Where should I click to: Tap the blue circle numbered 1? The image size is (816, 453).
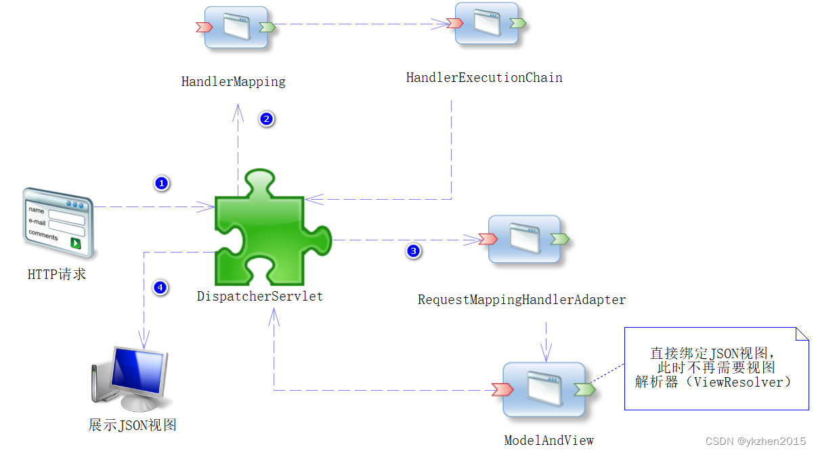pyautogui.click(x=161, y=184)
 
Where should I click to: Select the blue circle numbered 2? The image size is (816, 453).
pyautogui.click(x=266, y=119)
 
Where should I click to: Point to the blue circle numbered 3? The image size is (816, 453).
pyautogui.click(x=413, y=251)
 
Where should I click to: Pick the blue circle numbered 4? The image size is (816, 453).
pyautogui.click(x=160, y=288)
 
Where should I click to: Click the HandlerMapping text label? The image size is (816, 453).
pyautogui.click(x=233, y=82)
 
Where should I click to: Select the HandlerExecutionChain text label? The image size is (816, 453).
pyautogui.click(x=484, y=78)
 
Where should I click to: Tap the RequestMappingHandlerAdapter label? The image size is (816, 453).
pyautogui.click(x=521, y=299)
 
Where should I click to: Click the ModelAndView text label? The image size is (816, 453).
pyautogui.click(x=549, y=441)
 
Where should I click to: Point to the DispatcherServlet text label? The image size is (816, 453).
pyautogui.click(x=260, y=297)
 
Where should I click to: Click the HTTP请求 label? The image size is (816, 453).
pyautogui.click(x=57, y=275)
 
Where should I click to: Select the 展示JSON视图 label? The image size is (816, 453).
pyautogui.click(x=133, y=425)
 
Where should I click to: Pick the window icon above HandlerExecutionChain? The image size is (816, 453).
pyautogui.click(x=486, y=24)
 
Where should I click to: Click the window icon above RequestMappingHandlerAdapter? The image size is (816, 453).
pyautogui.click(x=524, y=239)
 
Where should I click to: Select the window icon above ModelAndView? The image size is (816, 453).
pyautogui.click(x=543, y=389)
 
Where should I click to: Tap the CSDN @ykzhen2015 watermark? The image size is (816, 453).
pyautogui.click(x=756, y=441)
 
